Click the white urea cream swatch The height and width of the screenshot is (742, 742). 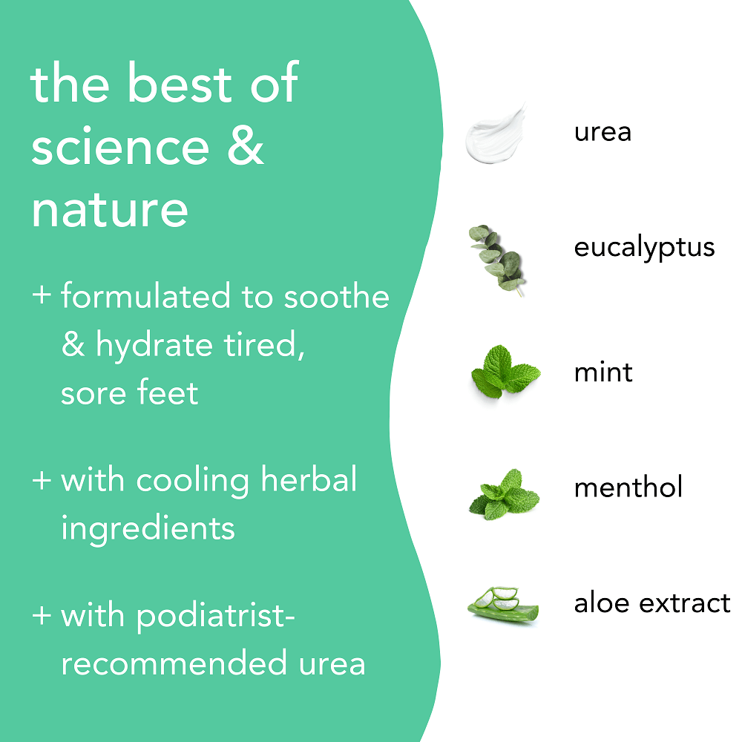(494, 134)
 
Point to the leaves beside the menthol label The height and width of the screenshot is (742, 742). (504, 494)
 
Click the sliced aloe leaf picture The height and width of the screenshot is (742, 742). (503, 605)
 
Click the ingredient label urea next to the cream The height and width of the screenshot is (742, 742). (603, 133)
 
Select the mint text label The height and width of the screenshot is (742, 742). (603, 371)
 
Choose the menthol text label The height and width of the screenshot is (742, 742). (628, 487)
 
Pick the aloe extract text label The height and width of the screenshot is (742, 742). (651, 603)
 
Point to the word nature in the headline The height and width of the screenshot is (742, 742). (109, 209)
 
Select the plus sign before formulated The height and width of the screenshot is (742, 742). (42, 295)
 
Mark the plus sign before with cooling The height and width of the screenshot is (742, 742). (42, 480)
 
